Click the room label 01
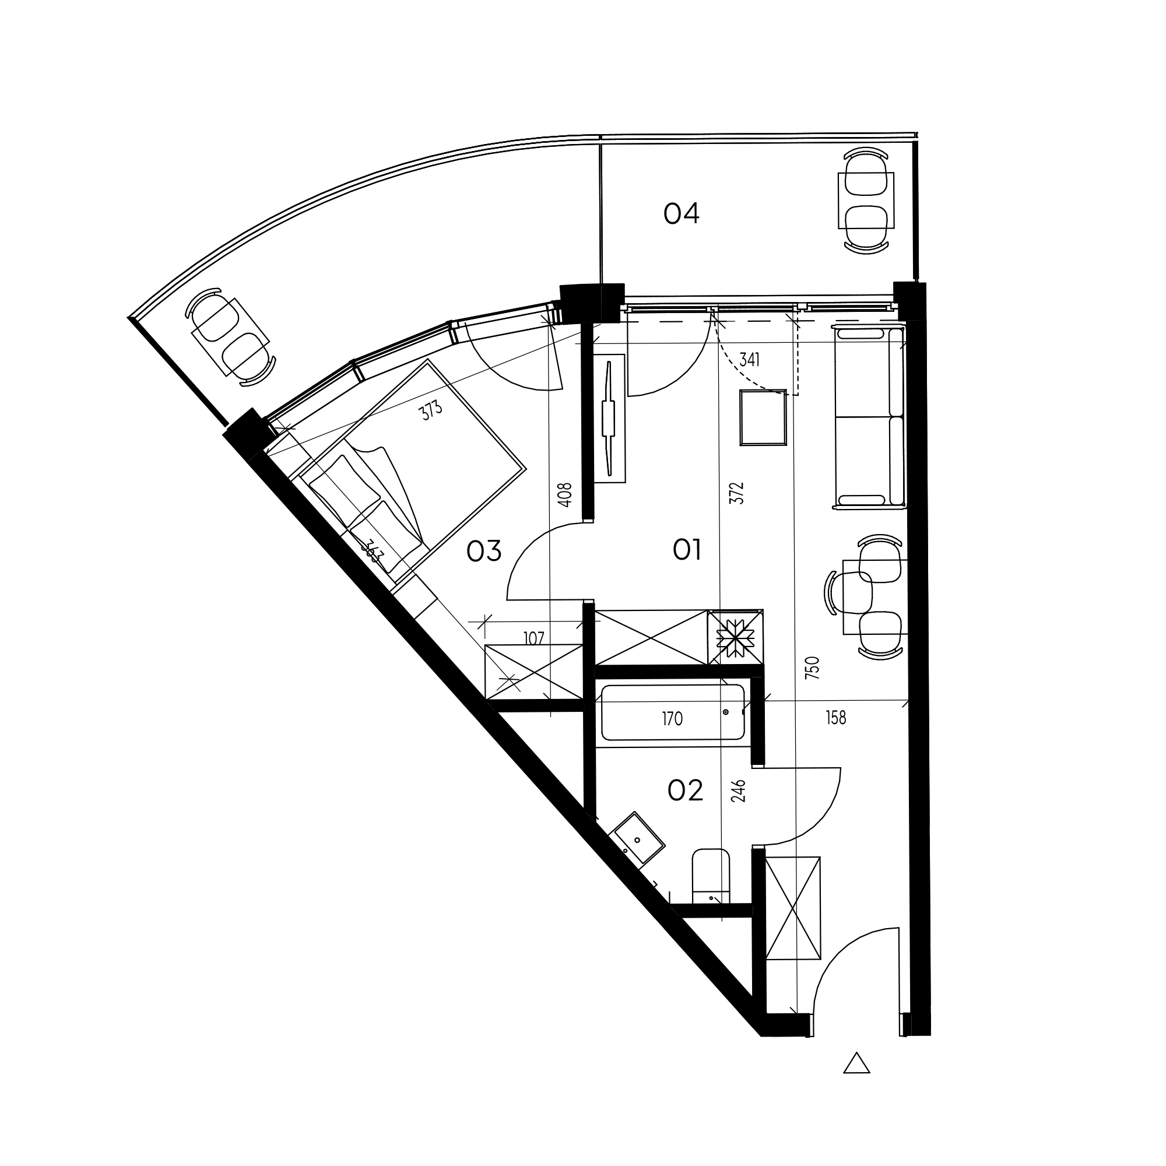(686, 550)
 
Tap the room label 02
(685, 790)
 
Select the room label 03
(484, 551)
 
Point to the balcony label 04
(681, 213)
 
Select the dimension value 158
(836, 718)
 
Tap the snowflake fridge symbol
(735, 638)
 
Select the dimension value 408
(564, 495)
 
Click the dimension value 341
(749, 360)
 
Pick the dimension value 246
(739, 791)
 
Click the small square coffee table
(764, 417)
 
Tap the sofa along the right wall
(869, 416)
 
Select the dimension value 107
(534, 638)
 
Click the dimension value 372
(736, 493)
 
